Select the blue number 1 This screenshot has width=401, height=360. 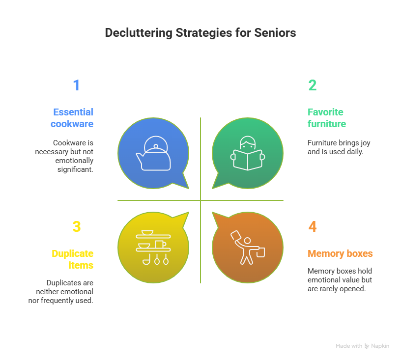click(x=76, y=85)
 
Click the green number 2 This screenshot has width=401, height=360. click(x=312, y=85)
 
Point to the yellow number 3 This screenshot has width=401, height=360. click(x=76, y=226)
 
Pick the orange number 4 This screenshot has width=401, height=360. click(x=313, y=226)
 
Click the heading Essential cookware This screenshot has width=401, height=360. click(x=72, y=118)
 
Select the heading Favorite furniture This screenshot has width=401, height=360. click(x=326, y=118)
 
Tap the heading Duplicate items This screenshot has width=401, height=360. click(x=73, y=259)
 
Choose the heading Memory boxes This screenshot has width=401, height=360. click(x=340, y=254)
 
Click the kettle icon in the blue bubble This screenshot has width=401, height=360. click(x=154, y=154)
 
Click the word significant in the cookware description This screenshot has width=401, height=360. click(x=75, y=169)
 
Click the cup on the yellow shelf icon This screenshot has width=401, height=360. click(x=160, y=244)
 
